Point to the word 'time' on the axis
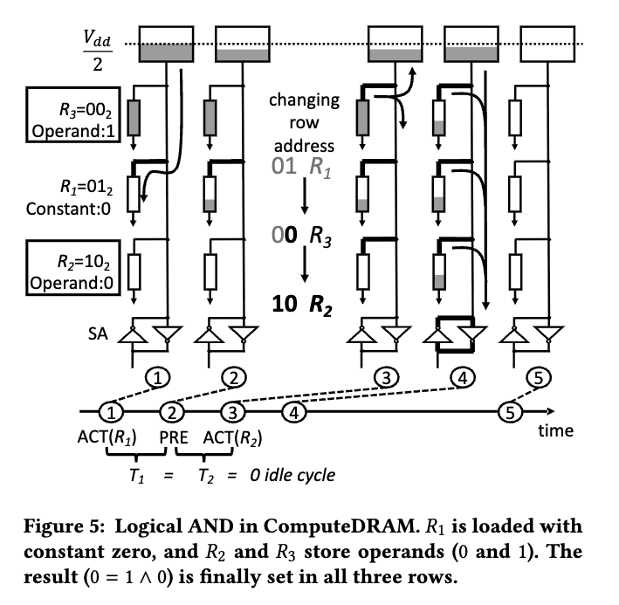pyautogui.click(x=556, y=430)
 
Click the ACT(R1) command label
pyautogui.click(x=113, y=437)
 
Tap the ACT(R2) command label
pyautogui.click(x=236, y=437)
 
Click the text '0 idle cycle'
pyautogui.click(x=292, y=475)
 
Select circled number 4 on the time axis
pyautogui.click(x=296, y=411)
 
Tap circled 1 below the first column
pyautogui.click(x=157, y=376)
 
